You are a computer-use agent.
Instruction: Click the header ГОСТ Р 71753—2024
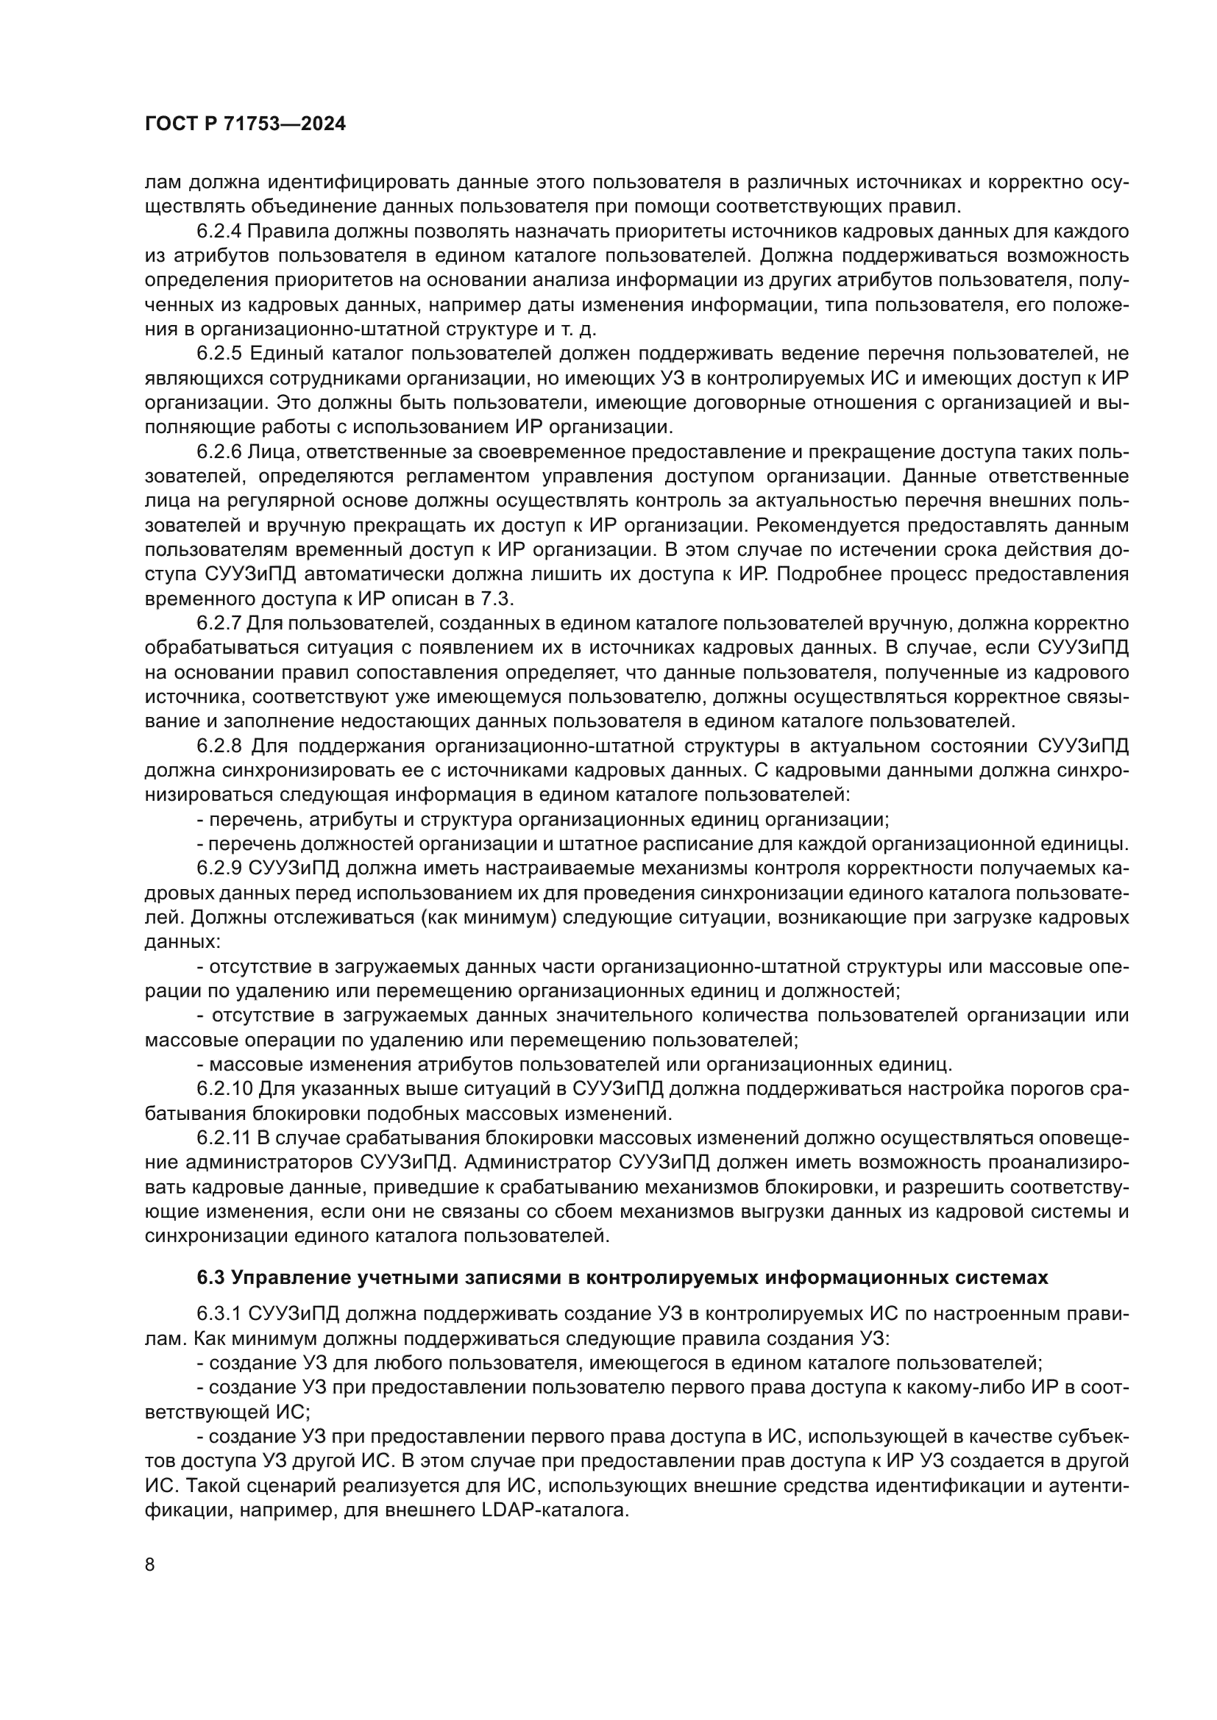click(x=245, y=124)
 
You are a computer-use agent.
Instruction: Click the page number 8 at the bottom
click(x=150, y=1565)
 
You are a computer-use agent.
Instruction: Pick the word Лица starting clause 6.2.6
click(x=273, y=452)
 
